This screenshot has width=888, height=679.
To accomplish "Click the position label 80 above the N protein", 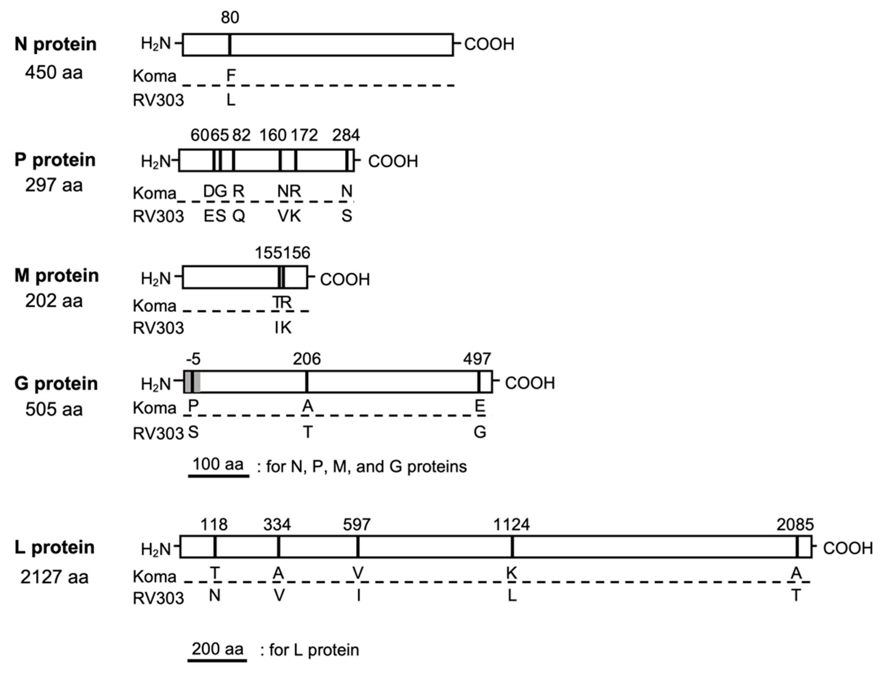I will tap(230, 17).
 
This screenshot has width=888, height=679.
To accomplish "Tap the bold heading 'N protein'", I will tap(56, 44).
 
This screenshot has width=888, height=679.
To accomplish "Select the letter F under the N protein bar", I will tap(231, 75).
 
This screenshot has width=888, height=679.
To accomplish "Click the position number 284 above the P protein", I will tap(346, 135).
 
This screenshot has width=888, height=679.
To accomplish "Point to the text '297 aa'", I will tap(54, 185).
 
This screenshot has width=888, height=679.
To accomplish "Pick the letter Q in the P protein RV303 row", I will tap(239, 216).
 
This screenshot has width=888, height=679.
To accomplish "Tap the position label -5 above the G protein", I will tap(193, 359).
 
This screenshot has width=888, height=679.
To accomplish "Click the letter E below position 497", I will tap(480, 405).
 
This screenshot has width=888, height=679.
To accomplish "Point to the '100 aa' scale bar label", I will tap(218, 464).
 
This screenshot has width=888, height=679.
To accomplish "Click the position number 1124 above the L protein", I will tap(511, 525).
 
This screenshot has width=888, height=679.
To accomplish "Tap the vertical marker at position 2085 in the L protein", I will tap(797, 547).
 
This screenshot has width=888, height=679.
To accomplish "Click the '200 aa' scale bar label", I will tap(217, 649).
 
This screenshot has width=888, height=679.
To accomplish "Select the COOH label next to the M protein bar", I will tap(345, 280).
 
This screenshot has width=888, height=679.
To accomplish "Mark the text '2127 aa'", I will tap(54, 577).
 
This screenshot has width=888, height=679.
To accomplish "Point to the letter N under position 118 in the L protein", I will tap(215, 595).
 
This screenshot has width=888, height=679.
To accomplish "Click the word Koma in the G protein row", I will tap(154, 408).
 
